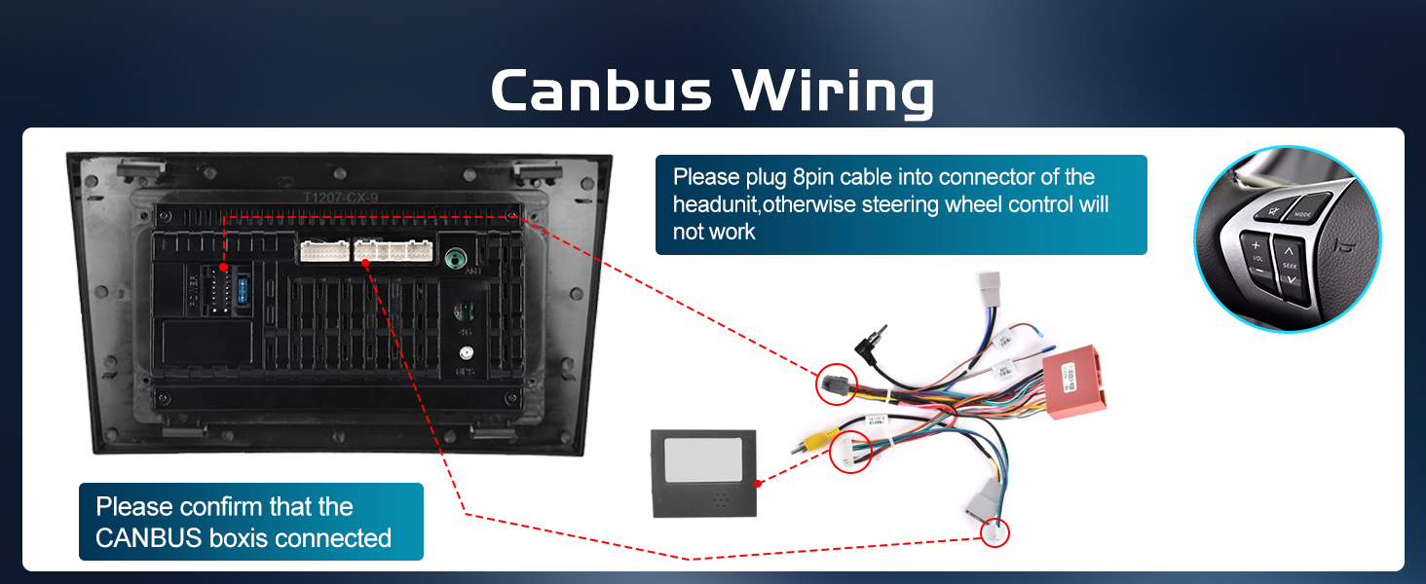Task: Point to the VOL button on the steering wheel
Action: [x=1257, y=258]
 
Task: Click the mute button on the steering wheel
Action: [x=1270, y=210]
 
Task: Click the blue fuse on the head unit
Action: [x=243, y=291]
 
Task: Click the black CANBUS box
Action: [x=704, y=474]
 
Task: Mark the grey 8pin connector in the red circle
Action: [x=835, y=385]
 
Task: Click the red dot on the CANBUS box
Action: [x=758, y=482]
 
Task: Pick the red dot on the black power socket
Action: [x=224, y=267]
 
